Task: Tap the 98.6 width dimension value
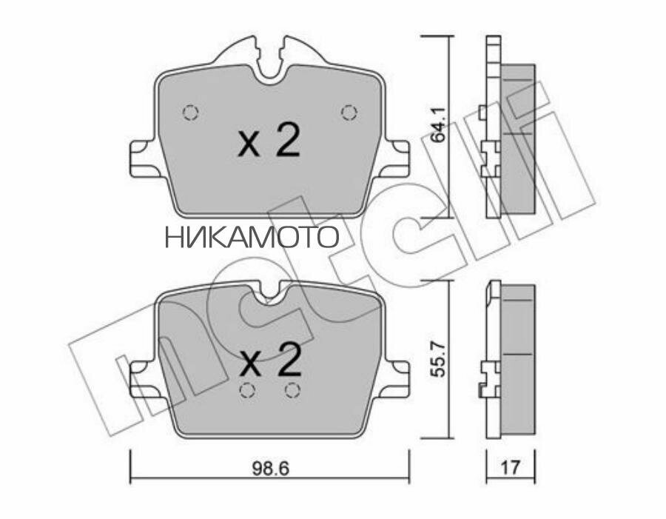269,468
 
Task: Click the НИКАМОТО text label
251,237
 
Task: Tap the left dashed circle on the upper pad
191,113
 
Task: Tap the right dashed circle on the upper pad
349,113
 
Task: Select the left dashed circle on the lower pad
249,391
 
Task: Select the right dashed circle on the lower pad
292,391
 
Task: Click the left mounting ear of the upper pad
141,158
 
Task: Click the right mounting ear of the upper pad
397,158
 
